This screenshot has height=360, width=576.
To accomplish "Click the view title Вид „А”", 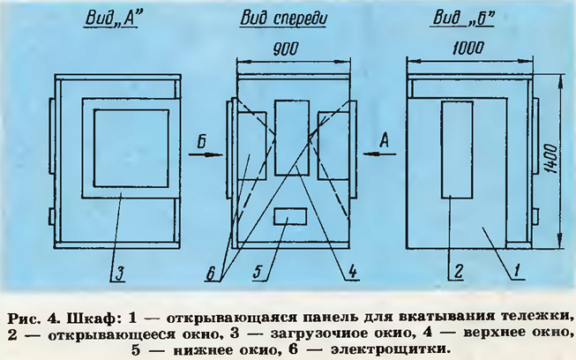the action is (112, 18).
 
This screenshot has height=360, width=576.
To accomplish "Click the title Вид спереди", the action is (283, 19).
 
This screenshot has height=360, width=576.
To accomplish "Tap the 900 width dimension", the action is (286, 49).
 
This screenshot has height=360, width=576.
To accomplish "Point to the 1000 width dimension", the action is (468, 49).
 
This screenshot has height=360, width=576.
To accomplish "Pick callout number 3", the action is (119, 274).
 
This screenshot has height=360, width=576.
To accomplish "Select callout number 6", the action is (211, 274).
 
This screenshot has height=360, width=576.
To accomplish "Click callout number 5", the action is (258, 273).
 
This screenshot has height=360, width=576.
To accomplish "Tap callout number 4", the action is (352, 272).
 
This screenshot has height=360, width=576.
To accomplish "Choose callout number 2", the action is (459, 272).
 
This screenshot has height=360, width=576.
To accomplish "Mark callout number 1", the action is (517, 271).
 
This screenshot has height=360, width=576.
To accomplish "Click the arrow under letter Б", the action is (206, 154).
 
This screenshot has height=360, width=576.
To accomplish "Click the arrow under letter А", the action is (380, 154).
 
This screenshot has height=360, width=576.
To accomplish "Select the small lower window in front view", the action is (290, 216).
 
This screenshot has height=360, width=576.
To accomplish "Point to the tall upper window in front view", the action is (292, 138).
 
